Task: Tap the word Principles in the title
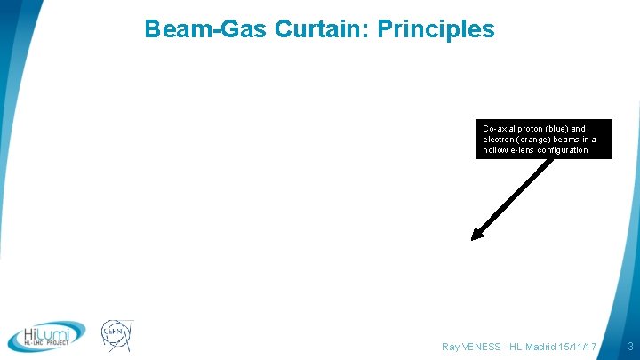point(436,29)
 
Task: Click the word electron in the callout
point(499,140)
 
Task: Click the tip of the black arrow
point(474,237)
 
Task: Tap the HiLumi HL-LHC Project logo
point(46,336)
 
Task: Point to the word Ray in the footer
point(451,345)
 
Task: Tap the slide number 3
point(629,345)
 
